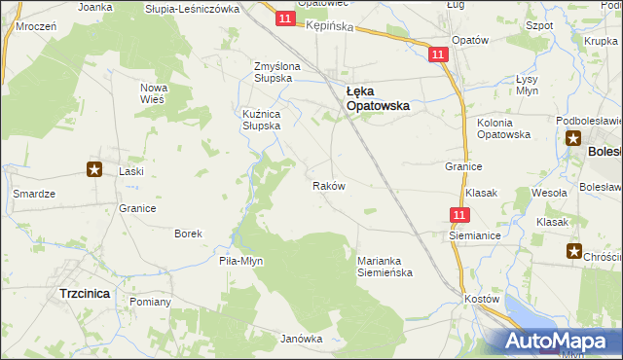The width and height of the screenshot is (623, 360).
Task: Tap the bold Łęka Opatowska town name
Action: [378, 97]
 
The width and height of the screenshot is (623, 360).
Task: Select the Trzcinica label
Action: [85, 292]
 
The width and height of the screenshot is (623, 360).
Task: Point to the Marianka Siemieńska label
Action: [385, 267]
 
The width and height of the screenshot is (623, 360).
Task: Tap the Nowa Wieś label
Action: [155, 93]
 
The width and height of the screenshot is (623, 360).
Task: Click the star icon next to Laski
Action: [94, 170]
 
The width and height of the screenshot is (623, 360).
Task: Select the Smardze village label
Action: [33, 194]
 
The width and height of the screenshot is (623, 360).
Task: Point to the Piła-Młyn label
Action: [241, 261]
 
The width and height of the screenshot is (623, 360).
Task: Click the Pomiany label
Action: [149, 302]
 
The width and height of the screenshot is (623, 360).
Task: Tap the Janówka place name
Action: [301, 339]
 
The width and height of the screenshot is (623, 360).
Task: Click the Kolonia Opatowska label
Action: [502, 128]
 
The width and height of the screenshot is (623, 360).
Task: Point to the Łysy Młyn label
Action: [527, 84]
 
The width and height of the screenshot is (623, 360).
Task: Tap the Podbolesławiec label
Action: [589, 120]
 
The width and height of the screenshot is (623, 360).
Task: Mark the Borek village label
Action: [188, 234]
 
